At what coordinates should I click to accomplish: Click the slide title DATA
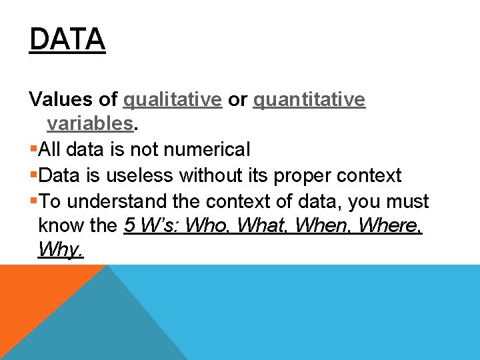coord(67,40)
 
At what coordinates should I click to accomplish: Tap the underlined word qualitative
coord(173,100)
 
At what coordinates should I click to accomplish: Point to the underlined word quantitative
coord(309,100)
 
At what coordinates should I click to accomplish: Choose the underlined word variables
coord(90,124)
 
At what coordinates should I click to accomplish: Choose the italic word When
coord(323,226)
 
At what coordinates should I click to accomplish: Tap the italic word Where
coord(390,226)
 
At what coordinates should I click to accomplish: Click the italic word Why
coord(60,251)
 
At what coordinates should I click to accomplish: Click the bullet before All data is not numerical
coord(33,150)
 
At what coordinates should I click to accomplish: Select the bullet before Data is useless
coord(33,176)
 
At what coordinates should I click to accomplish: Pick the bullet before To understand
coord(33,201)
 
